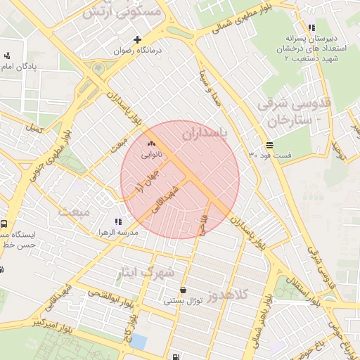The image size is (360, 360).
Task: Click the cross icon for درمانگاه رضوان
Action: click(x=138, y=39)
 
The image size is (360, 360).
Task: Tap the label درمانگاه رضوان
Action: click(x=139, y=51)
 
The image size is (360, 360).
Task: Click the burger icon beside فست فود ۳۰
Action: click(x=270, y=144)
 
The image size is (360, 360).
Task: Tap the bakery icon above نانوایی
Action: click(x=151, y=143)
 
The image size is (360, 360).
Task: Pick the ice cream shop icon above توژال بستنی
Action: click(x=184, y=290)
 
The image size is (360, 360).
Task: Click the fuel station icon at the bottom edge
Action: click(x=174, y=355)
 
